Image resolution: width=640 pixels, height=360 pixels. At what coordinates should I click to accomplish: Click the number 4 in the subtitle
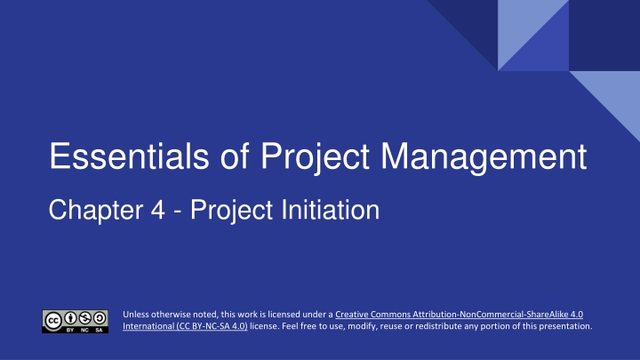[148, 211]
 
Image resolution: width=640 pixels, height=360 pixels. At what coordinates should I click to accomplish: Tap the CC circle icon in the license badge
[53, 317]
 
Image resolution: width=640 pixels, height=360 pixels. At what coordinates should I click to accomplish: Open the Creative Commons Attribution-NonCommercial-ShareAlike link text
[459, 314]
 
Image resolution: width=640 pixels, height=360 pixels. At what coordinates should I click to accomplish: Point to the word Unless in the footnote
[136, 314]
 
